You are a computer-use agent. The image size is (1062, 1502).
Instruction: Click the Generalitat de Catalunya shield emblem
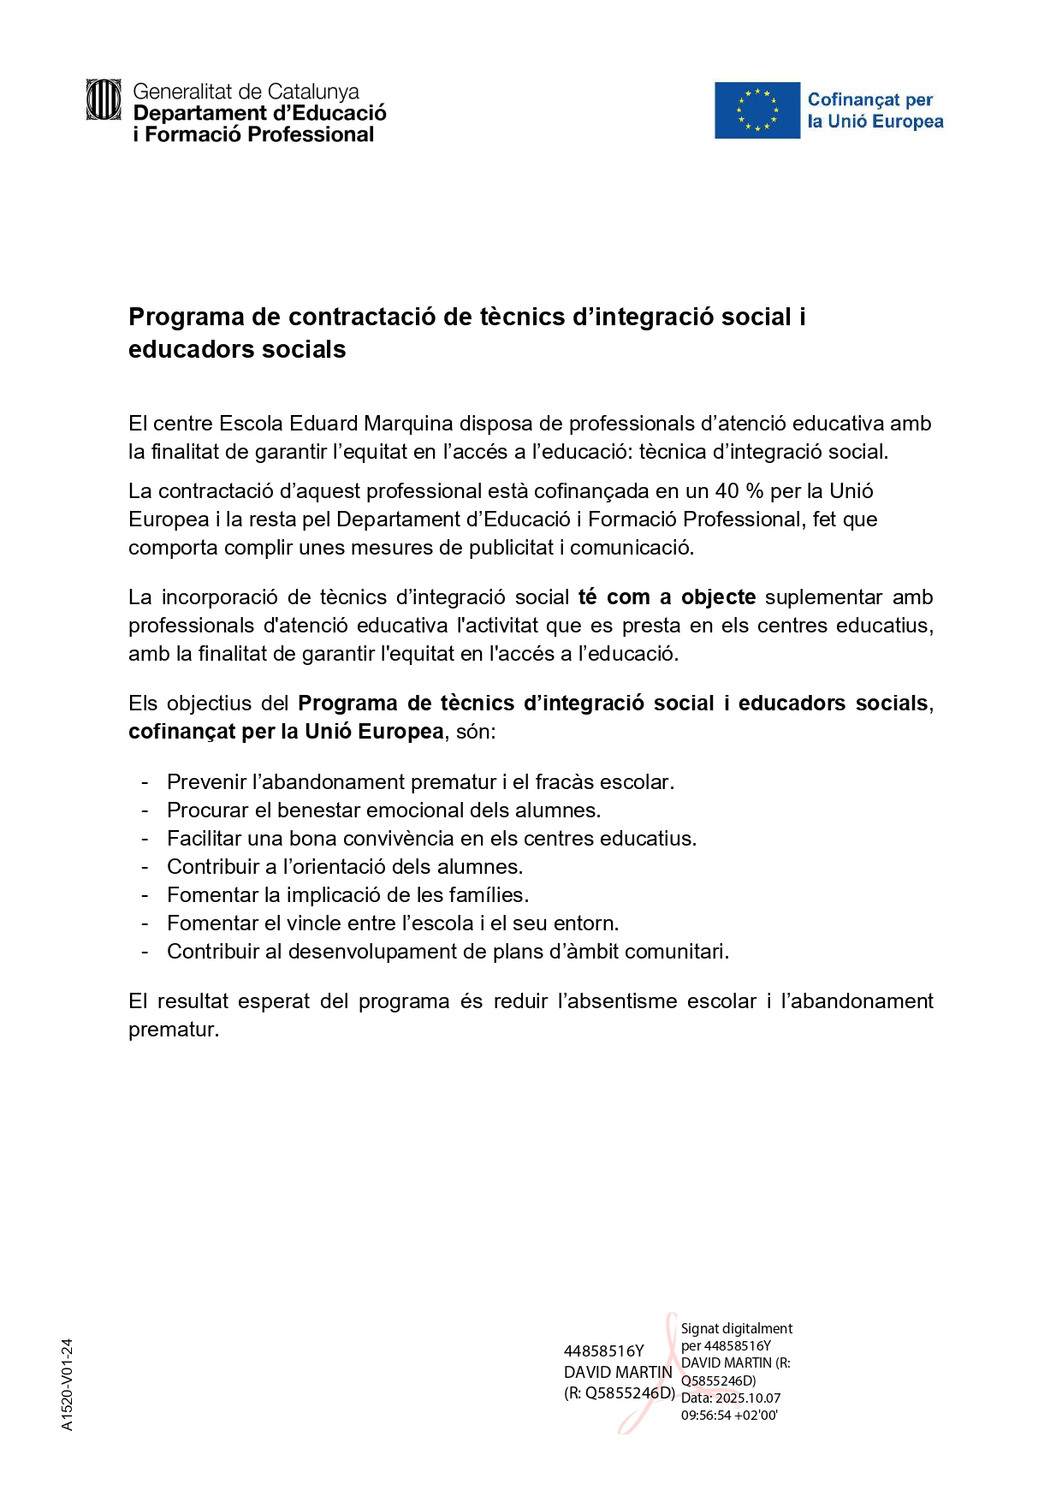[x=104, y=100]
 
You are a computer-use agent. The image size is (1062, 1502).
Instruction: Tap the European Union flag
[x=757, y=110]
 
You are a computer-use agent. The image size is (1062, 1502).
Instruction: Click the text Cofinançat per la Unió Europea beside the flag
[x=875, y=110]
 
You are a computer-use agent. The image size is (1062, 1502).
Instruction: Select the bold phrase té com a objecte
[x=667, y=597]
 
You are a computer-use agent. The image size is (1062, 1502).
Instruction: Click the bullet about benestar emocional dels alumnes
[x=383, y=810]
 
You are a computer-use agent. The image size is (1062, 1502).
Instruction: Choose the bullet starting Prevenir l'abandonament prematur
[x=420, y=782]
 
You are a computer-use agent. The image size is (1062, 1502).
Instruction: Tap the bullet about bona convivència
[x=431, y=839]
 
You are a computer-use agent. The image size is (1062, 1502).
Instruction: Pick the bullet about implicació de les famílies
[x=347, y=895]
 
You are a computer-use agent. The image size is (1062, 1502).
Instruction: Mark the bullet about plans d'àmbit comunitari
[x=448, y=952]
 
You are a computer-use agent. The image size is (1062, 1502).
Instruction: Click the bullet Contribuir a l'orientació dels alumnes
[x=344, y=867]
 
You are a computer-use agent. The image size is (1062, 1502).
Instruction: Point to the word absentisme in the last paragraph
[x=620, y=1001]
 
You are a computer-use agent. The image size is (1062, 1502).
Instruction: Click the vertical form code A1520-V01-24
[x=68, y=1384]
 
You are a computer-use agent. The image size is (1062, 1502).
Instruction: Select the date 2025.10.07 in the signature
[x=748, y=1398]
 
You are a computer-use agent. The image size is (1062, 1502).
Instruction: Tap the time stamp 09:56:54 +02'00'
[x=729, y=1416]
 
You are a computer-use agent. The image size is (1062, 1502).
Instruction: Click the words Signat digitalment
[x=736, y=1328]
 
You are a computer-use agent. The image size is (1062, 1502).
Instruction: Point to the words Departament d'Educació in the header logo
[x=260, y=113]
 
